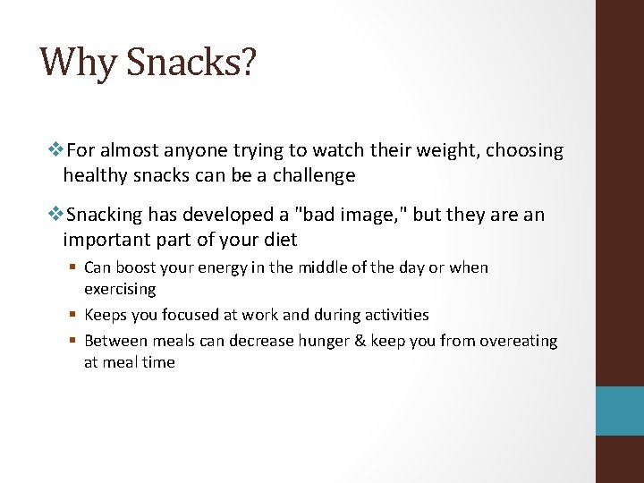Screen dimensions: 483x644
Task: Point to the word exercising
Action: point(120,290)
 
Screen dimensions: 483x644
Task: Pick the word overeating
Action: point(519,341)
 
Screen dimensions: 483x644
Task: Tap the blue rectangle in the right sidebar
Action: point(621,411)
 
